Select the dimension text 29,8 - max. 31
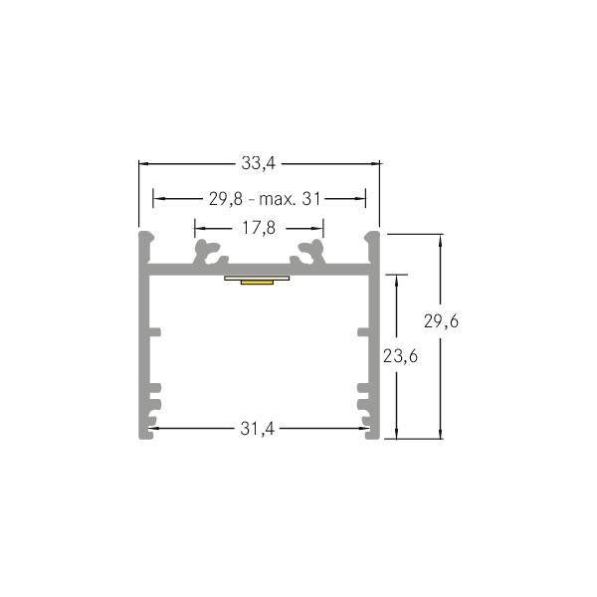[x=266, y=199]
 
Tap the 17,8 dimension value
[x=259, y=228]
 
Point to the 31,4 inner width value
[x=259, y=429]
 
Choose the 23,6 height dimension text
[x=400, y=356]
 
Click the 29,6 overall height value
[x=441, y=321]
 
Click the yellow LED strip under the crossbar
[x=258, y=282]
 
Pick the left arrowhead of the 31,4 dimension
[x=154, y=429]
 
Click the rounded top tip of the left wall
[x=145, y=237]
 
